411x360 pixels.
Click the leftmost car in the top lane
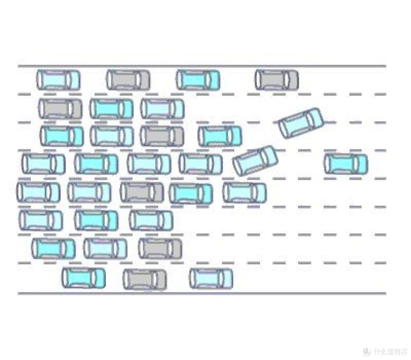click(58, 80)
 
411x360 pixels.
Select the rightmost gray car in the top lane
click(277, 80)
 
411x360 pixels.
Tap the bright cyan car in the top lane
click(198, 80)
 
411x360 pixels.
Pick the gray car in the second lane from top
click(60, 109)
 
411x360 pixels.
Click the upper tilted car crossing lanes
click(301, 123)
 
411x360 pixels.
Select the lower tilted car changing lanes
click(255, 160)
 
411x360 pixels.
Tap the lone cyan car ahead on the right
click(346, 164)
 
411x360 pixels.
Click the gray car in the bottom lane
click(145, 280)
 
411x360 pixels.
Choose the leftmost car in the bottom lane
click(84, 278)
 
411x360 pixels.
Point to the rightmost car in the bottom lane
click(211, 278)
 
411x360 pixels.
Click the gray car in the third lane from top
click(162, 136)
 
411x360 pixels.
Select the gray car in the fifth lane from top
click(142, 192)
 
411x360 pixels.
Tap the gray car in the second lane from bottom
click(161, 248)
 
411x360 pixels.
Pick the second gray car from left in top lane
click(277, 80)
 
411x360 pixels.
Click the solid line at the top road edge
click(202, 66)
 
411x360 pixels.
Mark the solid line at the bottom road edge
click(202, 293)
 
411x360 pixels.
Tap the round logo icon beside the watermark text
click(367, 351)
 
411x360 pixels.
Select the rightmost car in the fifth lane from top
click(245, 193)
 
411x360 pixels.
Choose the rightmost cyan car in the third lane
click(220, 136)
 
